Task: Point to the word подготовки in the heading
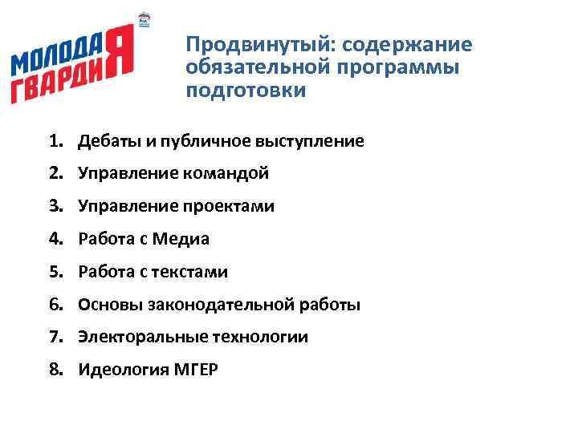tap(246, 90)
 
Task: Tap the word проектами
tap(234, 206)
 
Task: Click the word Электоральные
tap(140, 338)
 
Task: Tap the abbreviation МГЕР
tap(195, 370)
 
